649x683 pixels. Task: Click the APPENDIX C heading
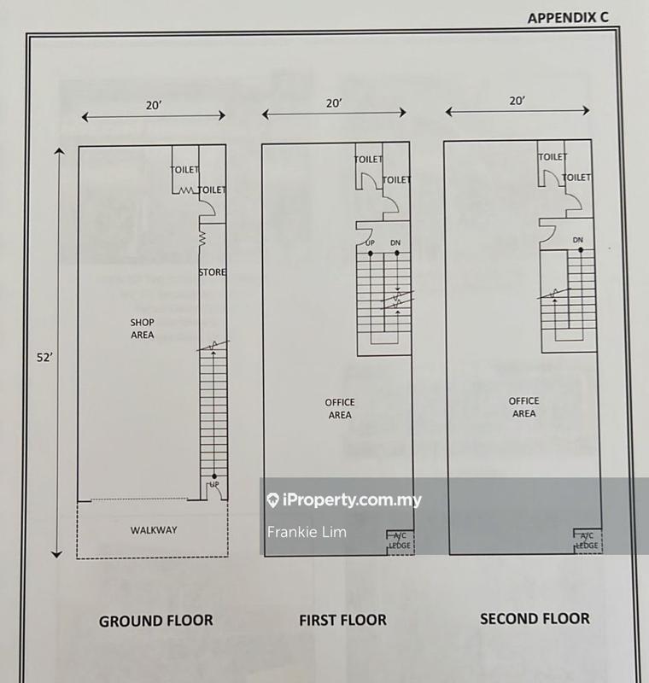568,17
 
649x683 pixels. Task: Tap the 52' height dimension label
44,358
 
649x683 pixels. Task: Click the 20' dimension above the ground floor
154,105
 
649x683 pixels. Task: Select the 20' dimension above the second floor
517,101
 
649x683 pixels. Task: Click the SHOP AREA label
143,329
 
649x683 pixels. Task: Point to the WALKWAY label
154,530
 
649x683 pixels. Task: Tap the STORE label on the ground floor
212,272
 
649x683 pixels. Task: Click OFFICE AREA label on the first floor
340,409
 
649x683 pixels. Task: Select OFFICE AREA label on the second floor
524,407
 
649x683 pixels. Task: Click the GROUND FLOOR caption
156,621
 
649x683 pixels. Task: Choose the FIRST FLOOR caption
342,620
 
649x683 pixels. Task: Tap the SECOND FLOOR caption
535,618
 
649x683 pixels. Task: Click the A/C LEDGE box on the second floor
588,540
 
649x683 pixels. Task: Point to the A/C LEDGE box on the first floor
401,542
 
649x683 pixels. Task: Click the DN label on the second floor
578,240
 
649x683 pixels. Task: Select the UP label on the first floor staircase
370,242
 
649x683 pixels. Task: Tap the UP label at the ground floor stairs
214,484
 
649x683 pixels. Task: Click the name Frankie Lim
307,532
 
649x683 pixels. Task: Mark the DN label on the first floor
395,242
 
